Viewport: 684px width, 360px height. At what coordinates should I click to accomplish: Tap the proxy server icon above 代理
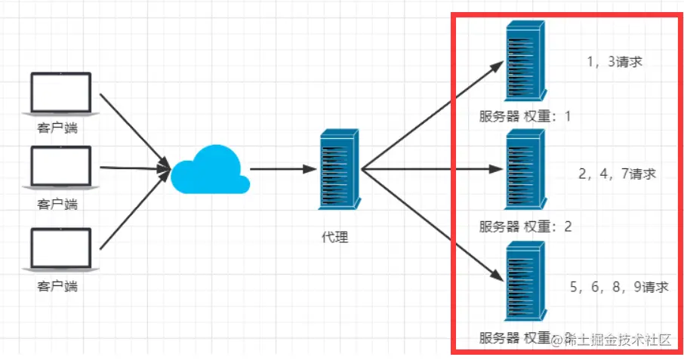(337, 169)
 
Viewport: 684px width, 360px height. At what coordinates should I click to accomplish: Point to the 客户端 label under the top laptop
(57, 128)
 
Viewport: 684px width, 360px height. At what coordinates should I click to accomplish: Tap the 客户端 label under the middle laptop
(57, 204)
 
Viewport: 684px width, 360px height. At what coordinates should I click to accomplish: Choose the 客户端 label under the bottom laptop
(57, 287)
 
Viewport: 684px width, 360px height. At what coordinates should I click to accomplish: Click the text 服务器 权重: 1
(525, 117)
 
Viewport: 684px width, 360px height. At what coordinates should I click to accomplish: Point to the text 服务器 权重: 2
(525, 227)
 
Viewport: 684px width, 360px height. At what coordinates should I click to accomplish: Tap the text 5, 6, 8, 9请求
(619, 286)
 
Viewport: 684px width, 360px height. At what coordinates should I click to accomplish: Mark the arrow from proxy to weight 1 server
(431, 113)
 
